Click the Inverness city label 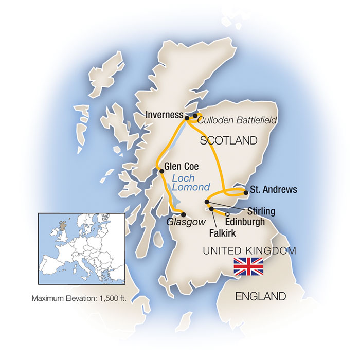pyautogui.click(x=164, y=114)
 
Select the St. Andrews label pyautogui.click(x=273, y=190)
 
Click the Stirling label pyautogui.click(x=261, y=211)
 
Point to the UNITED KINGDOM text pyautogui.click(x=249, y=251)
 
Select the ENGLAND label pyautogui.click(x=260, y=296)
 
